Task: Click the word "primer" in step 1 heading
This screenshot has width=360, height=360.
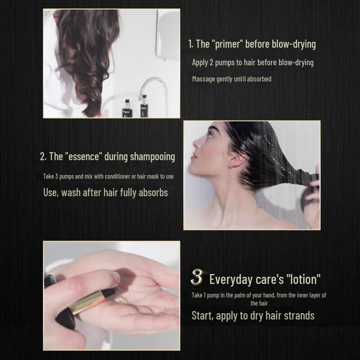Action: pos(227,44)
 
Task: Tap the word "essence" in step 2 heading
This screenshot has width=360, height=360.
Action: pos(84,157)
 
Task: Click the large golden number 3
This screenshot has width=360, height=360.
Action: pos(197,278)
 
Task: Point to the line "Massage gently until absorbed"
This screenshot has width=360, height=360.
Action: pos(231,79)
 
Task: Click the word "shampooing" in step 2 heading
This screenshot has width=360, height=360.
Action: pos(152,157)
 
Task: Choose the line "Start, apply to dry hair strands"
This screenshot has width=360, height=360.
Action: pos(253,315)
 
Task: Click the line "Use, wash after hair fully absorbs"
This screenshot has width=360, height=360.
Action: pos(105,193)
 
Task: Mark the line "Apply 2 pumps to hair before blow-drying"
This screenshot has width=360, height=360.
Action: pos(252,62)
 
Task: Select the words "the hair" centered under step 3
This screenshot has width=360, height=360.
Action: pos(260,303)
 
